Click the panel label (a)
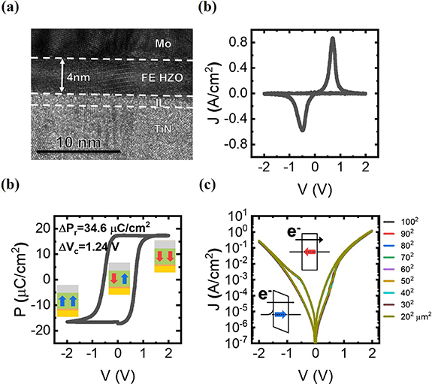click(11, 8)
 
